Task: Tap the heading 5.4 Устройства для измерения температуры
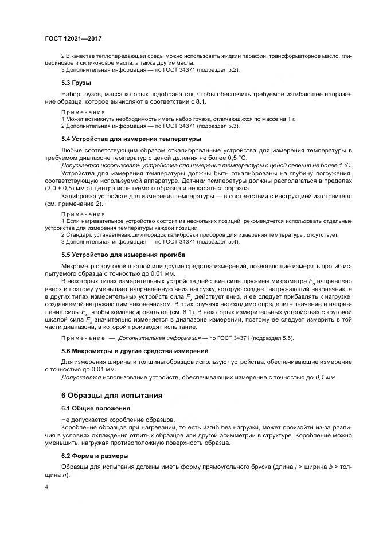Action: pyautogui.click(x=123, y=139)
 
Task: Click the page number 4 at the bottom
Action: pyautogui.click(x=46, y=487)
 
